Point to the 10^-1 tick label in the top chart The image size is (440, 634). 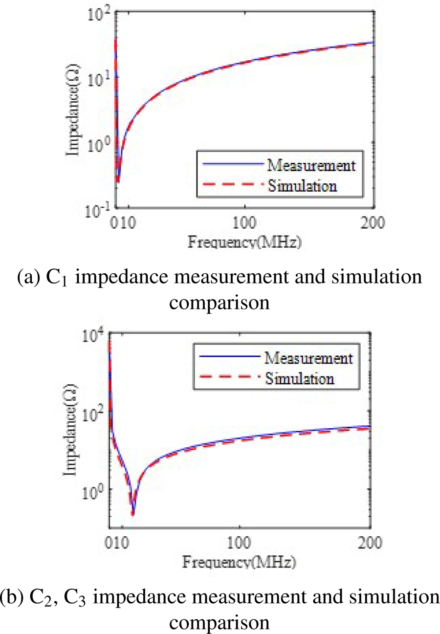point(97,209)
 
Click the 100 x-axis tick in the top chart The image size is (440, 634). point(244,224)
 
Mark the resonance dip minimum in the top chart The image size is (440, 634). point(118,182)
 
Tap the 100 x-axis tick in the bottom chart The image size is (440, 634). point(240,543)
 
